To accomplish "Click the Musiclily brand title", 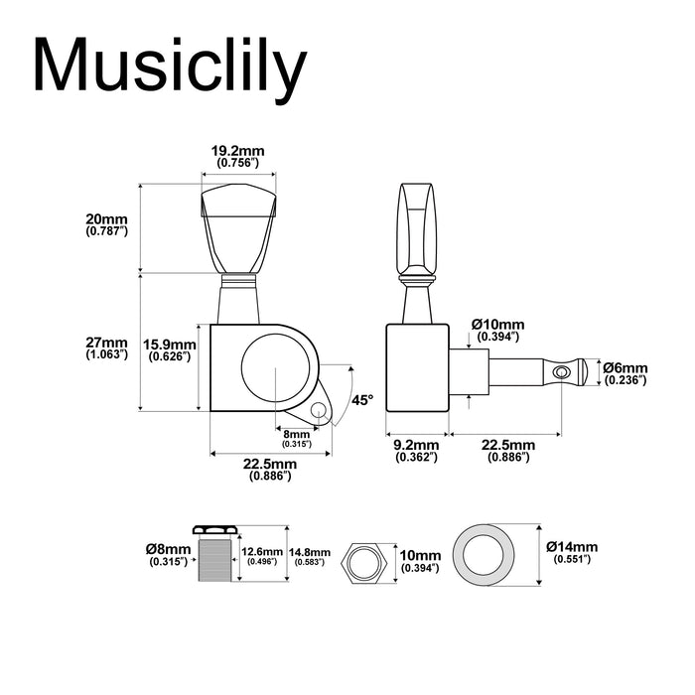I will click(169, 68).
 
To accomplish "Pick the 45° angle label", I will click(363, 400).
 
